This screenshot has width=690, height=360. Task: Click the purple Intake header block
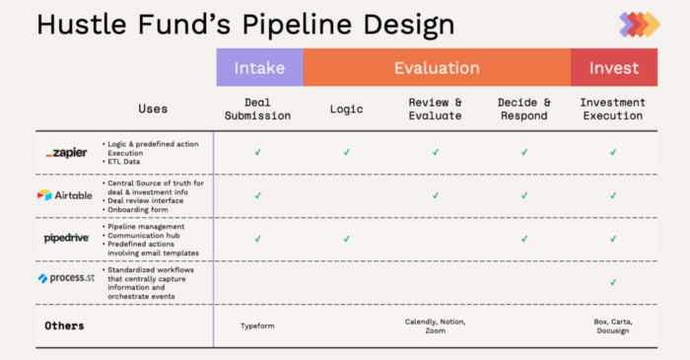pos(259,68)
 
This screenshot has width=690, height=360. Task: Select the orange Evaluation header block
pos(437,68)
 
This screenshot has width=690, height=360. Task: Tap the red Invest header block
pos(613,68)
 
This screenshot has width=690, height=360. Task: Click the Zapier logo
pos(66,153)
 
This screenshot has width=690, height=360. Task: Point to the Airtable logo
pos(65,195)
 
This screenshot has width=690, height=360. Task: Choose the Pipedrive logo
pos(67,238)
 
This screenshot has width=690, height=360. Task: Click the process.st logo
pos(66,279)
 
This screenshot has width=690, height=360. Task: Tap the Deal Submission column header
pos(258,108)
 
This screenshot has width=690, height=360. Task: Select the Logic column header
pos(347,108)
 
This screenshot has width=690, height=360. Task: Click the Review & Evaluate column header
pos(435,108)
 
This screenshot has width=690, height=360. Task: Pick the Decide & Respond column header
pos(524,108)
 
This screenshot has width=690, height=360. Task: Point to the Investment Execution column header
pos(613,108)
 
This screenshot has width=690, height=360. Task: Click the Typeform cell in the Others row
pos(258,324)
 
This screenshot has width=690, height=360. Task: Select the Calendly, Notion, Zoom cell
pos(435,326)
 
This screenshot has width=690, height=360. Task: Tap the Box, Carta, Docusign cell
pos(613,326)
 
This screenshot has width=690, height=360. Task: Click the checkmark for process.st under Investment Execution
pos(613,281)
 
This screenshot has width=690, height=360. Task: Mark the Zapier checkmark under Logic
pos(347,152)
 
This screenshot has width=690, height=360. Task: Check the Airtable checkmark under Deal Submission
pos(258,195)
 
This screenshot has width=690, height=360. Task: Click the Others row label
pos(64,324)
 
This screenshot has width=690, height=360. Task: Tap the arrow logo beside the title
pos(639,24)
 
